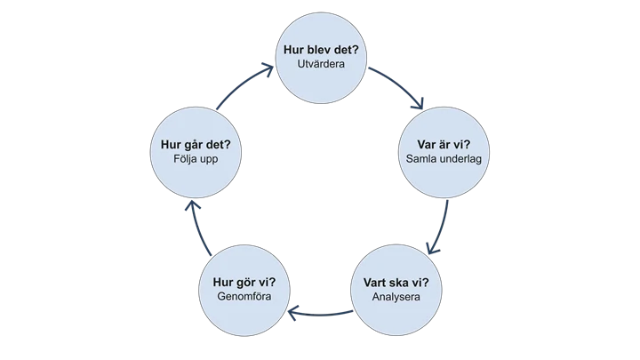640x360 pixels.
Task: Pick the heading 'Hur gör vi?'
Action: [244, 283]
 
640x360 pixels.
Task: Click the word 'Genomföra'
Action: [244, 299]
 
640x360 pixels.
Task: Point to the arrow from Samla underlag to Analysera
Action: [438, 227]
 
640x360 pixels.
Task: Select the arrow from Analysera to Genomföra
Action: [320, 312]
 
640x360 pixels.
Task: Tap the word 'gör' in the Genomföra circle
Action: [247, 283]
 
